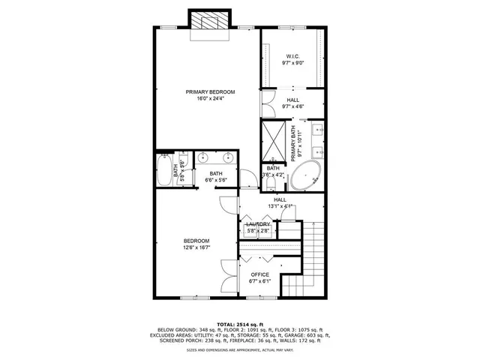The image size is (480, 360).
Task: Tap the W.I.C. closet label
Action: tap(292, 56)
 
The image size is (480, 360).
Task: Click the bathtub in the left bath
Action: tap(165, 170)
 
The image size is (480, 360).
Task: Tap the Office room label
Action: tap(259, 274)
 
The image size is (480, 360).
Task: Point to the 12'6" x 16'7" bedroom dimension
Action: tap(196, 247)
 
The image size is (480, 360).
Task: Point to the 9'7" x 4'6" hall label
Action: tap(292, 106)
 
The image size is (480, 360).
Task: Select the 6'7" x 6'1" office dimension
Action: tap(259, 281)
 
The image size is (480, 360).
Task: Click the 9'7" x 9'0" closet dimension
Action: tap(292, 63)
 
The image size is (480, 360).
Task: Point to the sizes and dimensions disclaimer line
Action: tap(240, 349)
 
